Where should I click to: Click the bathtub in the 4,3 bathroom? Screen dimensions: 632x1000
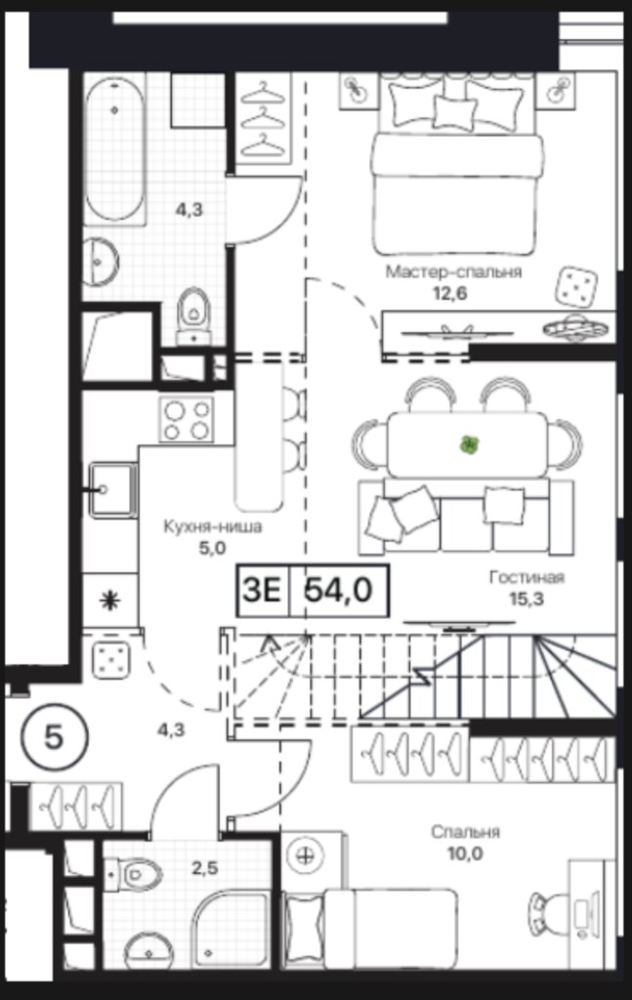click(115, 149)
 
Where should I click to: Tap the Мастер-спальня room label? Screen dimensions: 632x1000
click(453, 271)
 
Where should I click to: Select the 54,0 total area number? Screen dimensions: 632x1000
click(338, 590)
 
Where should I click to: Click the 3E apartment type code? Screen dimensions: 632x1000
click(262, 590)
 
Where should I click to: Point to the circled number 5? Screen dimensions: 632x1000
click(54, 738)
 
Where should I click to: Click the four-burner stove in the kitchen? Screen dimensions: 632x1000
click(187, 419)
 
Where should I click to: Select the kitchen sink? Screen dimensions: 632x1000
click(113, 490)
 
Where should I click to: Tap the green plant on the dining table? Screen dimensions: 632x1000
click(469, 444)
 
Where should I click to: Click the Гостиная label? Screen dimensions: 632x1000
click(527, 577)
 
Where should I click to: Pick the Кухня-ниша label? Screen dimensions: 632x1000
click(213, 526)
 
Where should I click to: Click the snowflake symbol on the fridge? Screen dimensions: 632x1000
click(109, 601)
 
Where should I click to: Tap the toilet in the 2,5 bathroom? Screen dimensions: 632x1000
click(135, 873)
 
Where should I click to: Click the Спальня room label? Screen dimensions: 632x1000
click(465, 832)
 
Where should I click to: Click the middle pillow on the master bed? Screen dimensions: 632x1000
click(454, 112)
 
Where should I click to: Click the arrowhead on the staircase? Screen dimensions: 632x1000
click(271, 642)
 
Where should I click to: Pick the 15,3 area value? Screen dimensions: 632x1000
click(527, 599)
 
